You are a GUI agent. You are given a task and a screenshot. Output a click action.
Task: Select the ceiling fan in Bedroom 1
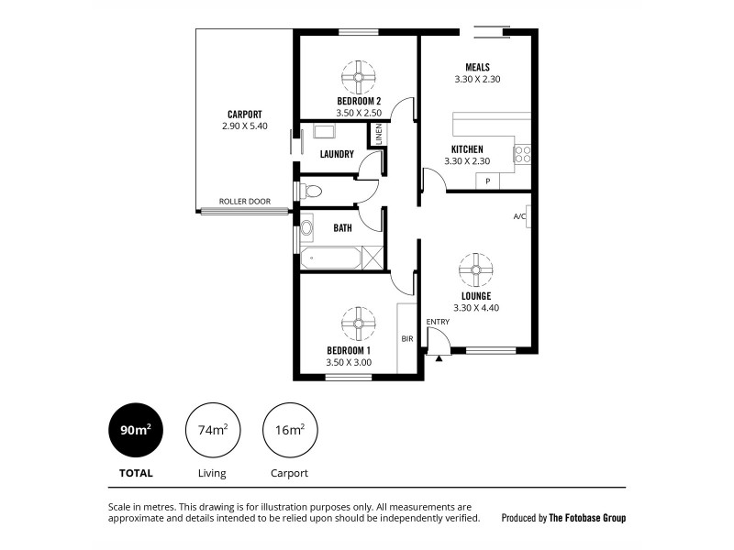click(358, 324)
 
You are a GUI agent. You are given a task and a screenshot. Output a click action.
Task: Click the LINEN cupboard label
click(377, 134)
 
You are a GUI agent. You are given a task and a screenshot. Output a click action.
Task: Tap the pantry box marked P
click(487, 181)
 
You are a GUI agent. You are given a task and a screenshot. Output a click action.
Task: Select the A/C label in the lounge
click(519, 216)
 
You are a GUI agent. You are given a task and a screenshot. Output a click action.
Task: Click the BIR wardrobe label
click(406, 338)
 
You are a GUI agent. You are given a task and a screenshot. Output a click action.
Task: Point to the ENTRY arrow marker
click(439, 357)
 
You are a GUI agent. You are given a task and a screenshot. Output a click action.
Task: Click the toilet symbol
click(311, 192)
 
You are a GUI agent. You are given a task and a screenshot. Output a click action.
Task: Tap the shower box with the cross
click(373, 258)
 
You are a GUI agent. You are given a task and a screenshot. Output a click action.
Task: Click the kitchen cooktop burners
click(522, 154)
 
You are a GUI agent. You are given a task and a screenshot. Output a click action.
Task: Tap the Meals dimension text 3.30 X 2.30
click(477, 80)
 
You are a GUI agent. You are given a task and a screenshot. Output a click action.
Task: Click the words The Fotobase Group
click(587, 518)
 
